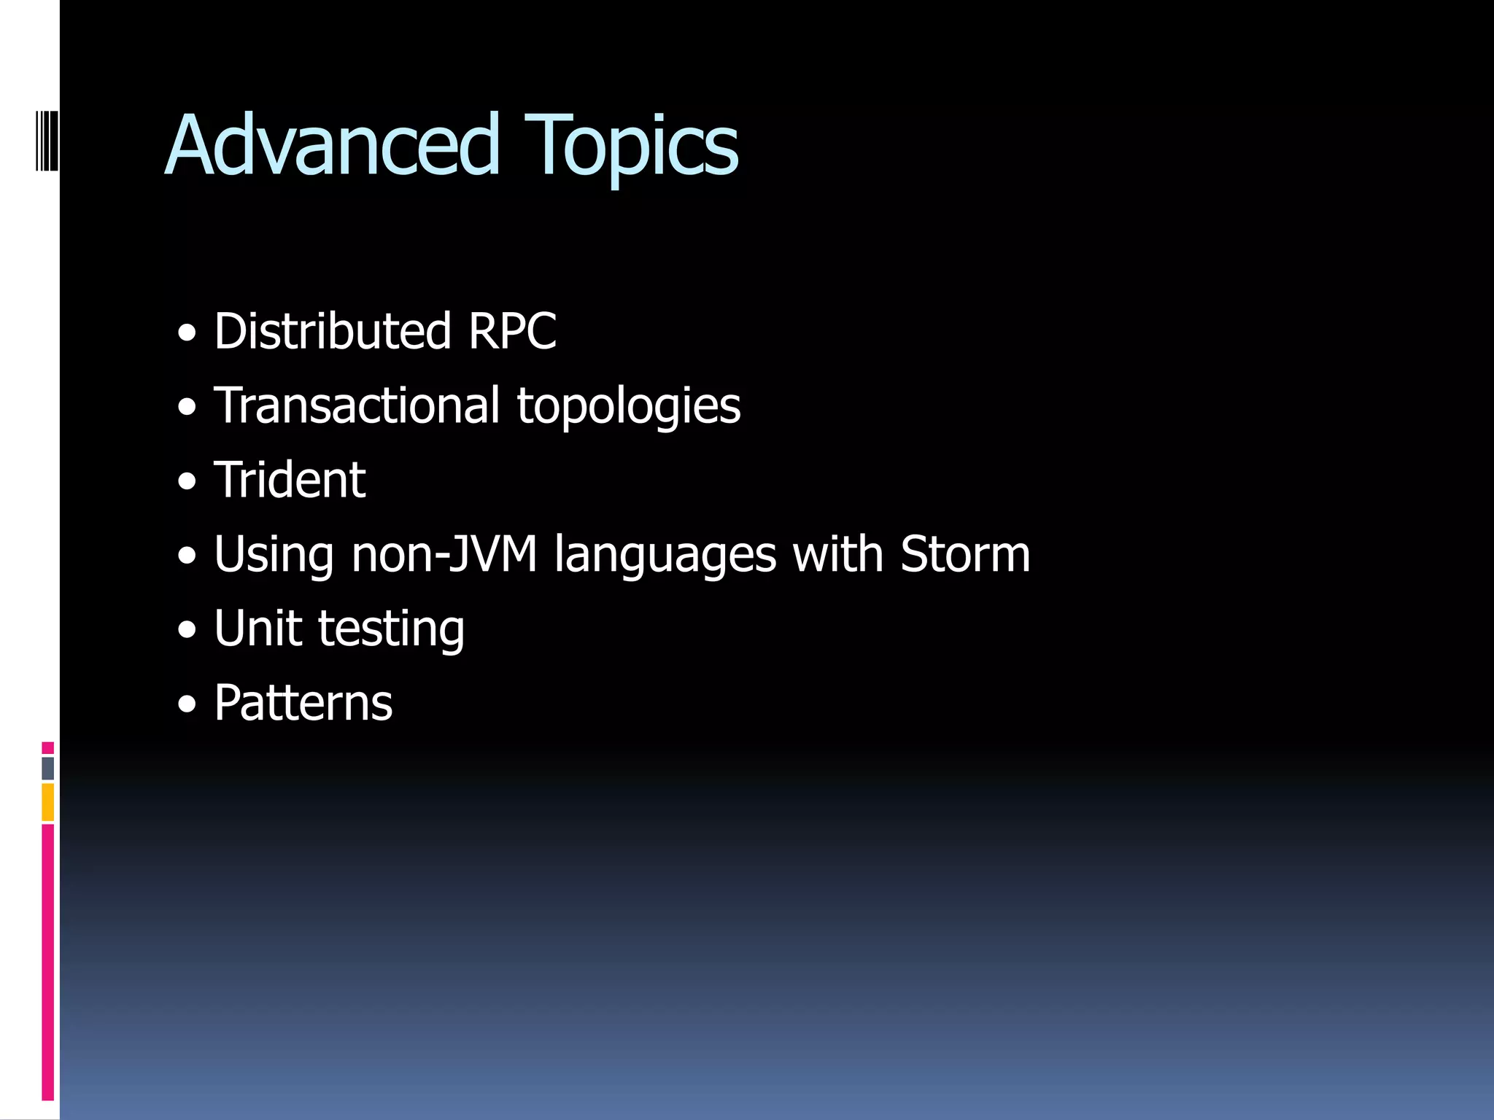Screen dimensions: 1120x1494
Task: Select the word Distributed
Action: click(x=333, y=331)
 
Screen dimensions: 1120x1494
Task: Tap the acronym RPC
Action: click(x=512, y=331)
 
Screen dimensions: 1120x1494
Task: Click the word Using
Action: click(x=274, y=556)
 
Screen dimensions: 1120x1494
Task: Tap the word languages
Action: click(x=665, y=556)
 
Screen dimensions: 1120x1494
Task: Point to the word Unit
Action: click(x=258, y=629)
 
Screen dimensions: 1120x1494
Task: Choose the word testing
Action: click(x=392, y=630)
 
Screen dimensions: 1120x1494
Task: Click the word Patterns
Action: click(x=303, y=703)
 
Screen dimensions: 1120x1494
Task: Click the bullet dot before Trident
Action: click(x=187, y=482)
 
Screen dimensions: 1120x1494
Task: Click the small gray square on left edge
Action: click(x=48, y=768)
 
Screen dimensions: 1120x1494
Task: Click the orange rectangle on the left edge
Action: click(x=48, y=802)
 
